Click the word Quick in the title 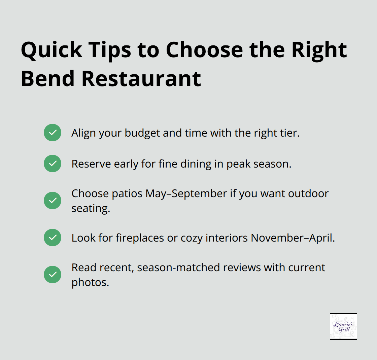52,50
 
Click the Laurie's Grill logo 343,326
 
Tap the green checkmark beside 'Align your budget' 53,133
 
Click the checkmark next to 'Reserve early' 53,164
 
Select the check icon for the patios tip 53,201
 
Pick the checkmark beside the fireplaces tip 53,238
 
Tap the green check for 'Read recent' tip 53,275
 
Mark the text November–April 292,238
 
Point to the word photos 90,282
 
